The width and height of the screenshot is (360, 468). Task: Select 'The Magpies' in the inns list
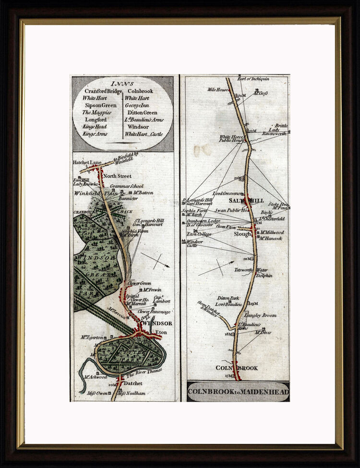click(98, 112)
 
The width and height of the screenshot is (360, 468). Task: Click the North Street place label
click(118, 176)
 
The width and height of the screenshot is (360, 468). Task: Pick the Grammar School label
click(126, 186)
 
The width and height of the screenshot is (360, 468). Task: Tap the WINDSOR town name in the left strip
click(157, 324)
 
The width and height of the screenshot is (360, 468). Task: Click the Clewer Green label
click(139, 284)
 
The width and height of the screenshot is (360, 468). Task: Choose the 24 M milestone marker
click(240, 96)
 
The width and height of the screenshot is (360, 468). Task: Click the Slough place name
click(242, 234)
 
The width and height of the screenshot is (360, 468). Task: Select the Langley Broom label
click(260, 315)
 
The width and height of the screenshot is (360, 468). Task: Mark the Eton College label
click(199, 234)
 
